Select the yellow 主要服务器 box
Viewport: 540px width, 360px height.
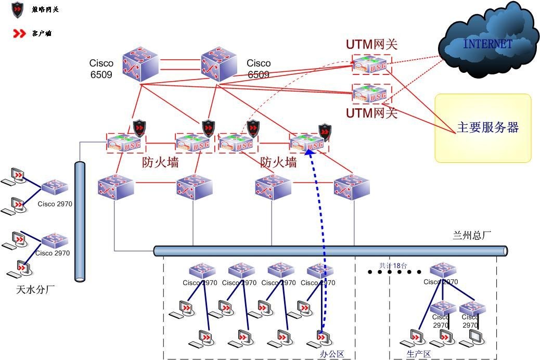(483, 128)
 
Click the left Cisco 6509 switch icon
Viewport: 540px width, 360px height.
(140, 66)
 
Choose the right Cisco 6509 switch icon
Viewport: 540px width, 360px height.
(219, 66)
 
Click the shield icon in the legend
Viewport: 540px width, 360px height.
(18, 9)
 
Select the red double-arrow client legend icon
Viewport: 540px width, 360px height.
(19, 34)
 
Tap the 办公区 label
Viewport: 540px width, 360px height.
(331, 354)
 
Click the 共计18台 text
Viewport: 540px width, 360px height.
(393, 265)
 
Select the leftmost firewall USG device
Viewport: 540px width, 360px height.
(126, 143)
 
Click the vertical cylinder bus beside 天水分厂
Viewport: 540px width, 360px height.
(80, 221)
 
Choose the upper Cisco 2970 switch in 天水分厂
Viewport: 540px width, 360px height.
(55, 187)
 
